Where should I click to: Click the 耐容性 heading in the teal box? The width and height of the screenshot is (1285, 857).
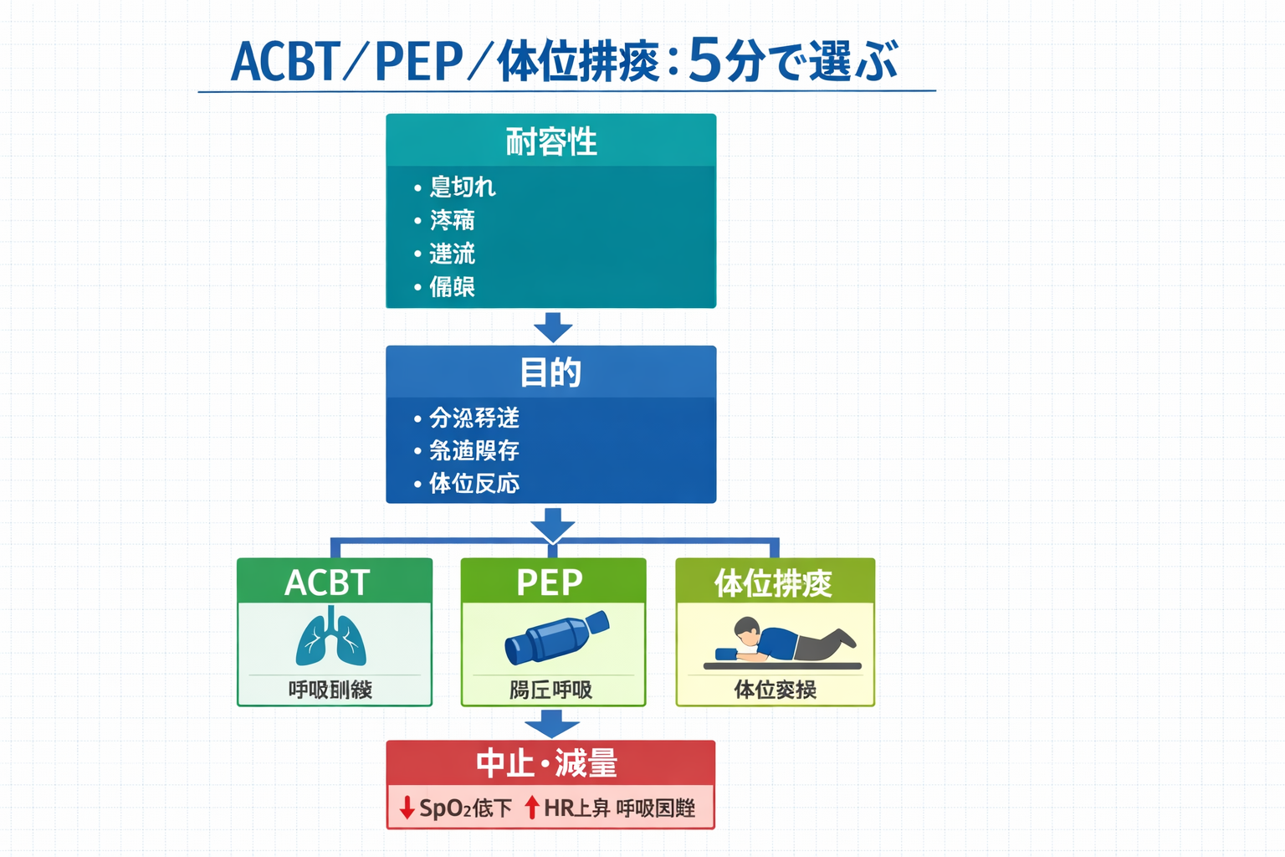[550, 141]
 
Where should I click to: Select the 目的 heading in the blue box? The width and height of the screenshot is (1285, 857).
[550, 372]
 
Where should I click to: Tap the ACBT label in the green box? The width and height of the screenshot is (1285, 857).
[327, 582]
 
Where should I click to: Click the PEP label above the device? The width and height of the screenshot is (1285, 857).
[550, 582]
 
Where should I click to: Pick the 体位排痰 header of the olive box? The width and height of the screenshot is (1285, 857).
[773, 583]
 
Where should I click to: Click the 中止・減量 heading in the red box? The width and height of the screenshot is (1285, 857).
[547, 763]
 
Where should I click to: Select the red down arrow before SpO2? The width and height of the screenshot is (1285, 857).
[407, 808]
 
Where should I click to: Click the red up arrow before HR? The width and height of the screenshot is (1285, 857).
[531, 808]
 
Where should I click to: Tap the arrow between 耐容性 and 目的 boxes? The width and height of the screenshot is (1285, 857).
[552, 327]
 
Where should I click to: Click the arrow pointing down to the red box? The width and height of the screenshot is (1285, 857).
[552, 723]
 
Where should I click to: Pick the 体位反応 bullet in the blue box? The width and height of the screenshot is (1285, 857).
[474, 484]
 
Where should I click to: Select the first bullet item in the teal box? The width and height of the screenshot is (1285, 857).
[462, 187]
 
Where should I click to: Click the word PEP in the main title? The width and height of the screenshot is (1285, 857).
[418, 61]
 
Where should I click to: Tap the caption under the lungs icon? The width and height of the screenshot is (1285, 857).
[330, 690]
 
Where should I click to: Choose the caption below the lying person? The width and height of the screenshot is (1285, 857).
[775, 690]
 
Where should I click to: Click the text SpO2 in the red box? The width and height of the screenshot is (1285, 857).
[445, 808]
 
